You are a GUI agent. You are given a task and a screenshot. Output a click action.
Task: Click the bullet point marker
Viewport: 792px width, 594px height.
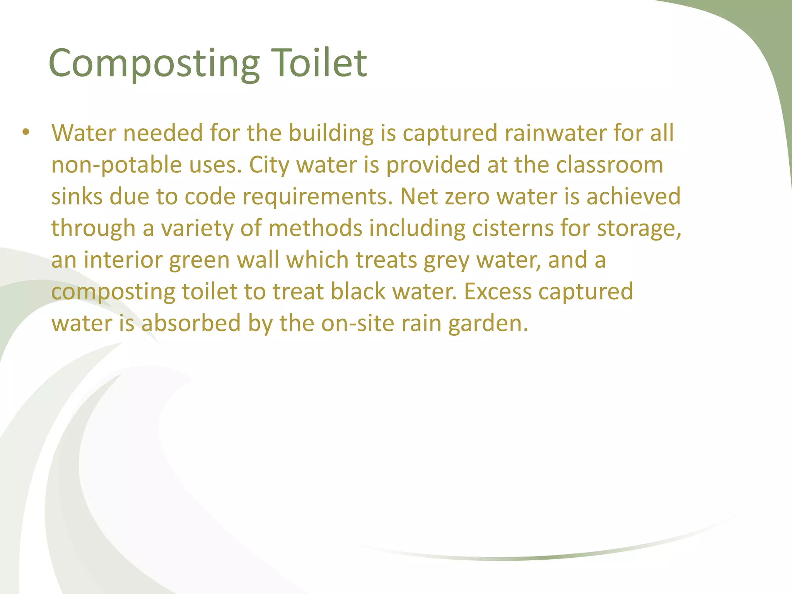26,133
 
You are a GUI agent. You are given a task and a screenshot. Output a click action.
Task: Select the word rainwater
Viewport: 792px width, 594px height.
555,133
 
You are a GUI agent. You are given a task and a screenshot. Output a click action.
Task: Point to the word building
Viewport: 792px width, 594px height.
331,134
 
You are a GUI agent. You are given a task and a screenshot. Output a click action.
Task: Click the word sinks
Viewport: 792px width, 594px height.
77,196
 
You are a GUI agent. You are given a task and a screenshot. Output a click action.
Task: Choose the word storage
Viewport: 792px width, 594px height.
639,229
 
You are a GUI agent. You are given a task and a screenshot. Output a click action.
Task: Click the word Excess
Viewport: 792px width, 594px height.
498,292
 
